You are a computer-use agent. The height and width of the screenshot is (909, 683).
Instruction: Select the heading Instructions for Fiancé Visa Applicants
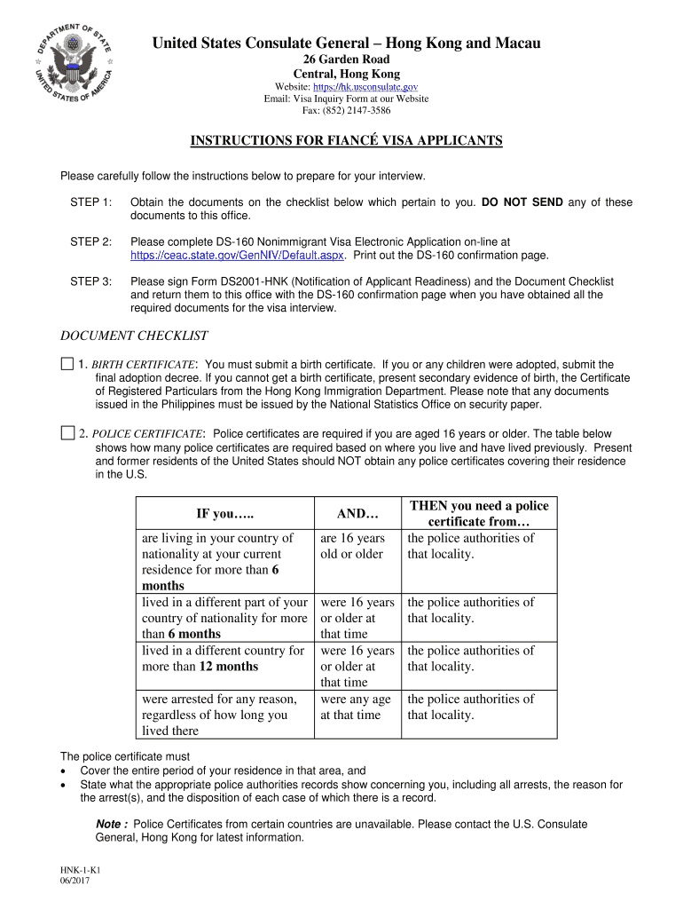click(348, 141)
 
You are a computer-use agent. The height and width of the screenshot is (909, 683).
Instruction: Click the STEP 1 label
click(90, 202)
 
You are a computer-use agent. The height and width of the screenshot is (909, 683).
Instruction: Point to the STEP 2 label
click(90, 241)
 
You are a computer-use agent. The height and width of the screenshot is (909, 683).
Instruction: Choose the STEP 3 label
click(90, 281)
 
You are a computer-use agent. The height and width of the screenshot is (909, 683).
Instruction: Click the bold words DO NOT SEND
click(522, 202)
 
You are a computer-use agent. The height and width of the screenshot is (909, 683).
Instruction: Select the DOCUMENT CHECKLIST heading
click(134, 336)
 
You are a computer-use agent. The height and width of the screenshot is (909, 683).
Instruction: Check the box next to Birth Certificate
click(67, 364)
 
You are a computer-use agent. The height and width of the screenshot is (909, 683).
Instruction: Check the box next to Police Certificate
click(67, 433)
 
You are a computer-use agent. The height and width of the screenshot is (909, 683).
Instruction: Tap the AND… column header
click(357, 514)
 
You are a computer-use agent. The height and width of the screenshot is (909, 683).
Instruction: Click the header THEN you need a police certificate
click(479, 514)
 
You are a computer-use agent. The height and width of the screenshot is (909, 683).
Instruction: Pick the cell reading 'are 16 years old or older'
click(353, 546)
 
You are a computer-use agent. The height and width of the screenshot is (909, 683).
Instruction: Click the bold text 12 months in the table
click(229, 667)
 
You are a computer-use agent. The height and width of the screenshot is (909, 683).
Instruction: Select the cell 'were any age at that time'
click(356, 707)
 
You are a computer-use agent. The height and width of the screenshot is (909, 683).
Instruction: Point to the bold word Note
click(110, 825)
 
